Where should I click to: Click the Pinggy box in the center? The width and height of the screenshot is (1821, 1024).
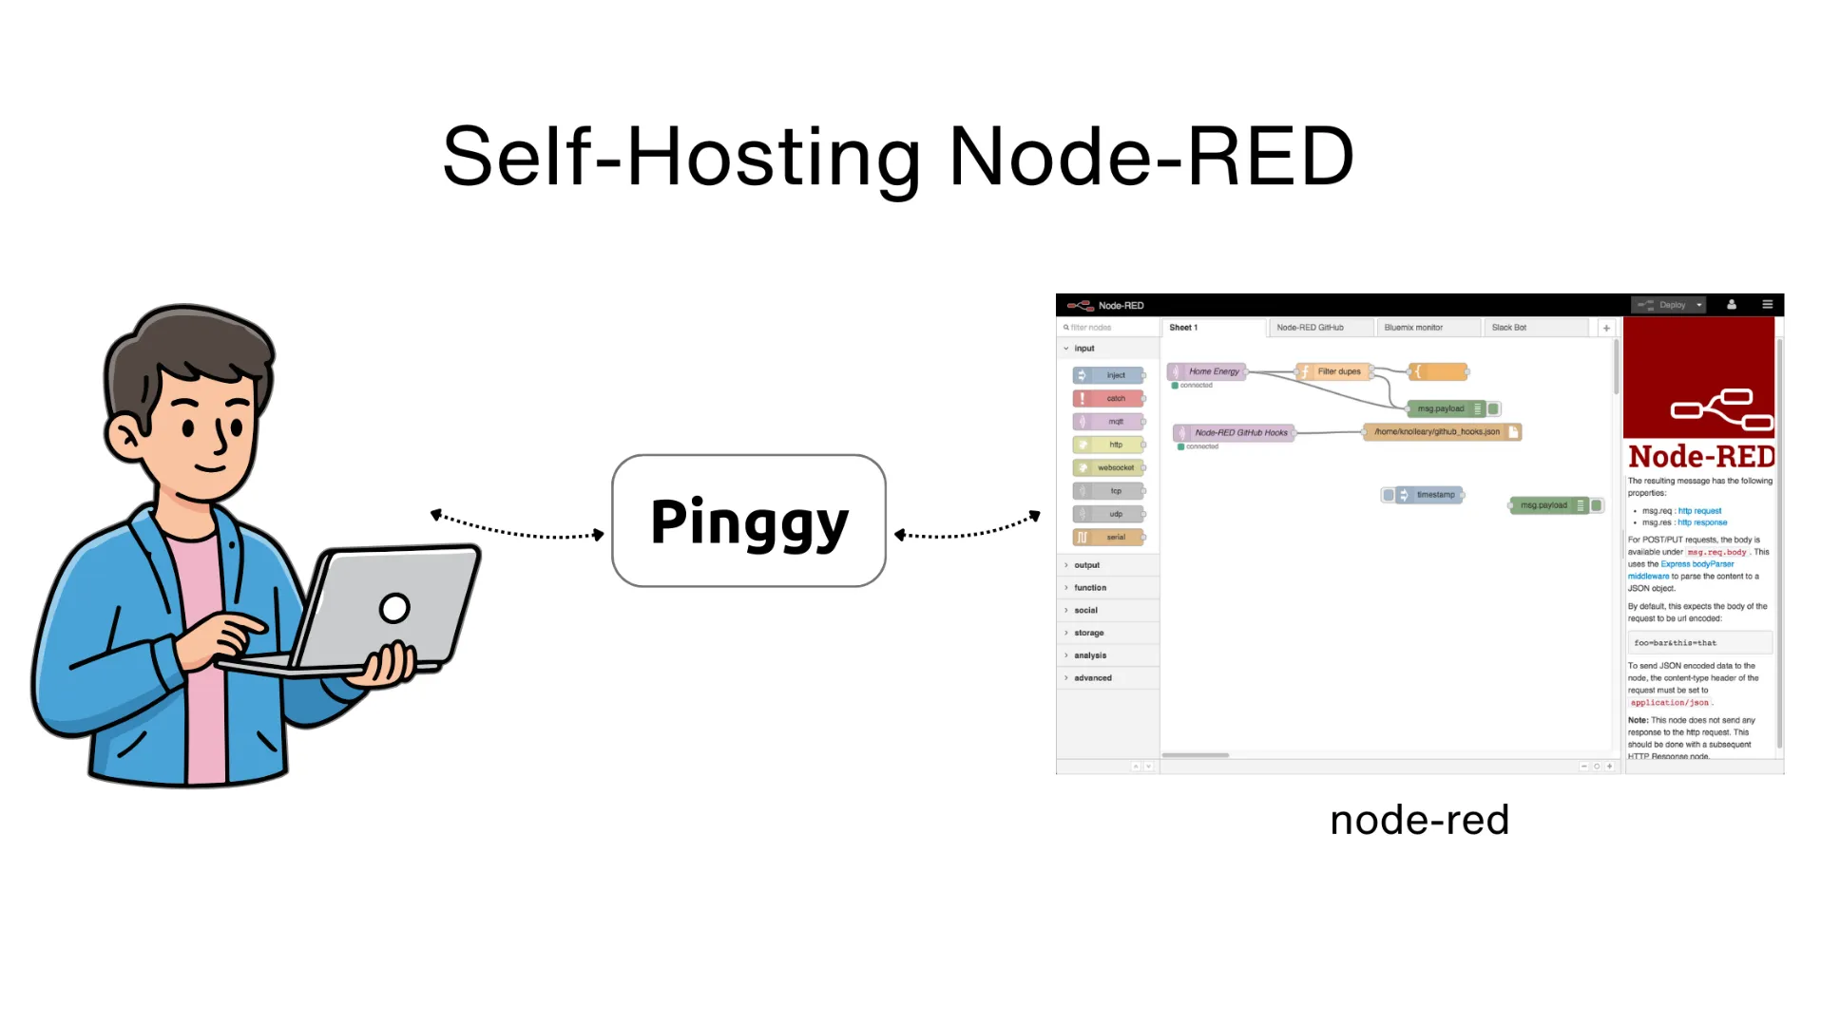[x=748, y=521]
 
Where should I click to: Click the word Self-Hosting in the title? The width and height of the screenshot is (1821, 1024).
[x=680, y=157]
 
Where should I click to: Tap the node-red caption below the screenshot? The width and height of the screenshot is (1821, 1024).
[x=1418, y=820]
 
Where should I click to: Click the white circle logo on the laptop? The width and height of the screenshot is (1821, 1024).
[x=394, y=607]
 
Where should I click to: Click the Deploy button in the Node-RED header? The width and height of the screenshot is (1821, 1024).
[x=1670, y=305]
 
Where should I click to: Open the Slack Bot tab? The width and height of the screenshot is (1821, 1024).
[x=1508, y=328]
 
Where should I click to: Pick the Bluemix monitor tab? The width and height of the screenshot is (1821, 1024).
[x=1412, y=328]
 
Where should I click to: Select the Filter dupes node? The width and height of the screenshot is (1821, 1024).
[x=1336, y=371]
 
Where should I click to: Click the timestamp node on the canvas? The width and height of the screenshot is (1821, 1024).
[x=1430, y=495]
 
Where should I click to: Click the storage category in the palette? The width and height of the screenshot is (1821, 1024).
[x=1089, y=633]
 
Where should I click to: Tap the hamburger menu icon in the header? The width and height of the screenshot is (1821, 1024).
[x=1767, y=305]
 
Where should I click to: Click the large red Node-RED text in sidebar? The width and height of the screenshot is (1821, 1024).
[x=1700, y=457]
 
